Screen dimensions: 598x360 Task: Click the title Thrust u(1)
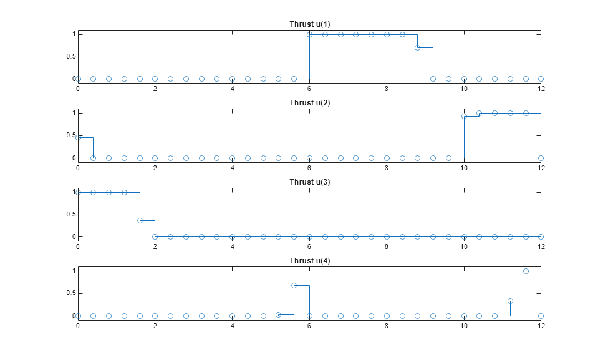tap(310, 24)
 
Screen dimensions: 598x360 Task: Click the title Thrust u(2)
tap(310, 103)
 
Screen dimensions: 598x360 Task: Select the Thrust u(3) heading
tap(310, 182)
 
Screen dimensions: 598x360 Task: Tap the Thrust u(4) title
tap(310, 260)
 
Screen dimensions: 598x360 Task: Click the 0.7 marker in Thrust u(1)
tap(417, 47)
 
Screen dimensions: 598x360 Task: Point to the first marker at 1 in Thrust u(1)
tap(309, 35)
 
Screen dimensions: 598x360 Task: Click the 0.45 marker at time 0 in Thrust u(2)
tap(78, 137)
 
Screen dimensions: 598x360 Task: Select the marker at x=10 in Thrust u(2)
tap(464, 117)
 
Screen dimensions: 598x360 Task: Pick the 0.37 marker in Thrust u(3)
tap(140, 220)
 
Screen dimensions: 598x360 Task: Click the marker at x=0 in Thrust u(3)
tap(78, 192)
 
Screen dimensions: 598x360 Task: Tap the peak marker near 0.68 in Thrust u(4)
tap(294, 286)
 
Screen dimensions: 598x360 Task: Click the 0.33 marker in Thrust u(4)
tap(510, 301)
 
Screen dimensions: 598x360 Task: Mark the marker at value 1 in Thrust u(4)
tap(526, 271)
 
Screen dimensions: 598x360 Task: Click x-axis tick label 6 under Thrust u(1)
tap(309, 89)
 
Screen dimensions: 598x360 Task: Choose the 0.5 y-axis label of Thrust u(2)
tap(71, 135)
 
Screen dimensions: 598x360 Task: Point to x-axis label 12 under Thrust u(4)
tap(541, 326)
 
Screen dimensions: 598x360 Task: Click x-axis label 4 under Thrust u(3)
tap(232, 246)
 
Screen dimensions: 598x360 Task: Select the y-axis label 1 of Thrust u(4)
tap(74, 271)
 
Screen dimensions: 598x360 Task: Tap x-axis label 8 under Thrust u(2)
tap(387, 168)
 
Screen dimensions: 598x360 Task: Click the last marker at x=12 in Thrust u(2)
tap(541, 158)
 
